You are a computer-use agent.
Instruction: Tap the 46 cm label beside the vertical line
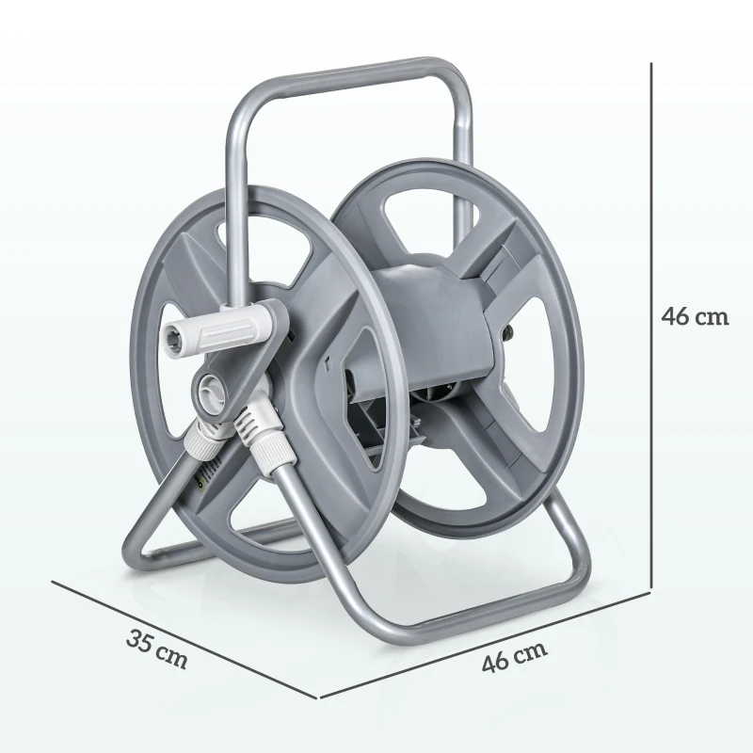695,316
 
